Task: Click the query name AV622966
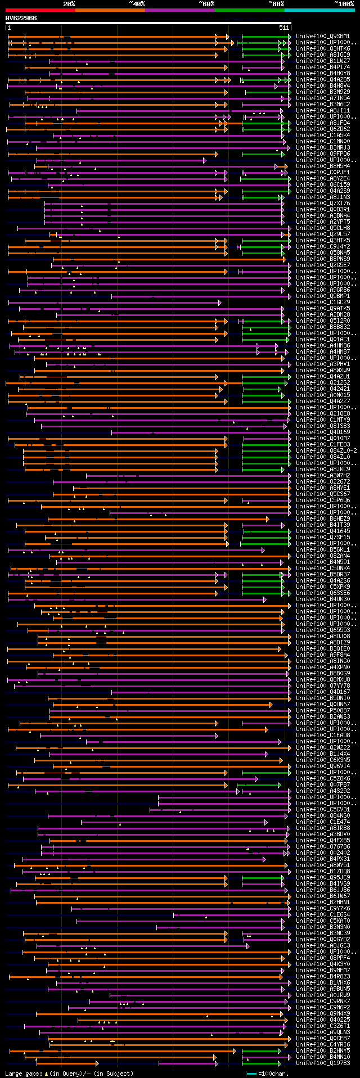(x=21, y=18)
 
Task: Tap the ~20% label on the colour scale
(x=69, y=4)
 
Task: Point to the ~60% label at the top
(x=206, y=4)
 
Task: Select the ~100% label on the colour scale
(x=344, y=4)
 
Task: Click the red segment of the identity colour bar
(x=39, y=10)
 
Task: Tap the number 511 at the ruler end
(x=283, y=28)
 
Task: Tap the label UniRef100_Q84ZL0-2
(x=326, y=450)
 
